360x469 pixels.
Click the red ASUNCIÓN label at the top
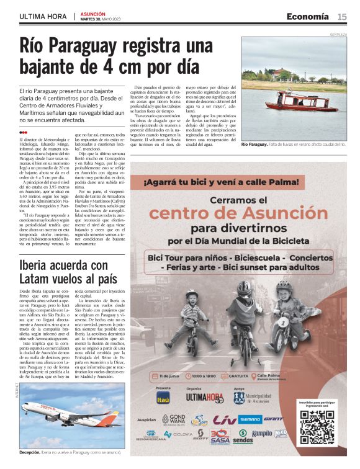(92, 14)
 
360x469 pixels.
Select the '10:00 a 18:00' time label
(207, 375)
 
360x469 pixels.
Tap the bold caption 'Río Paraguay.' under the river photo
(254, 144)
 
